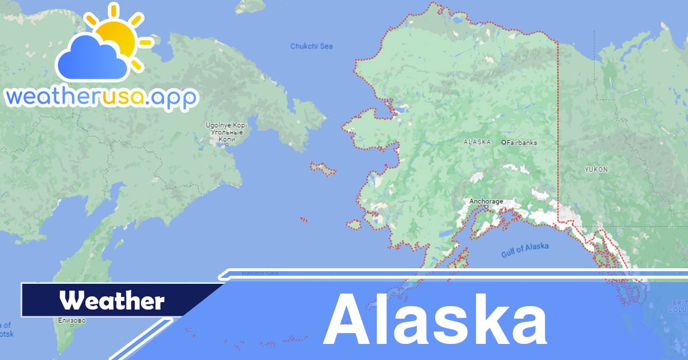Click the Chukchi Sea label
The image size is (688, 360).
pos(311,46)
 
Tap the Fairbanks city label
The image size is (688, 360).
pos(522,142)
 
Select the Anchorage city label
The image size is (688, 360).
pos(486,201)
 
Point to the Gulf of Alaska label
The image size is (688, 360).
pos(525,249)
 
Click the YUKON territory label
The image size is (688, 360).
pos(596,170)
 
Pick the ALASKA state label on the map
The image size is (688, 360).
pos(477,142)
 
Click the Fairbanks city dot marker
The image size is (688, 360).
pos(503,142)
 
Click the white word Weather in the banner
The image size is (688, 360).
pos(112,300)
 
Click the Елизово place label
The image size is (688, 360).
pos(72,320)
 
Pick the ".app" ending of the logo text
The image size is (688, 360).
pos(174,97)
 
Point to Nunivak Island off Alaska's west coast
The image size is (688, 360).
pos(354,225)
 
